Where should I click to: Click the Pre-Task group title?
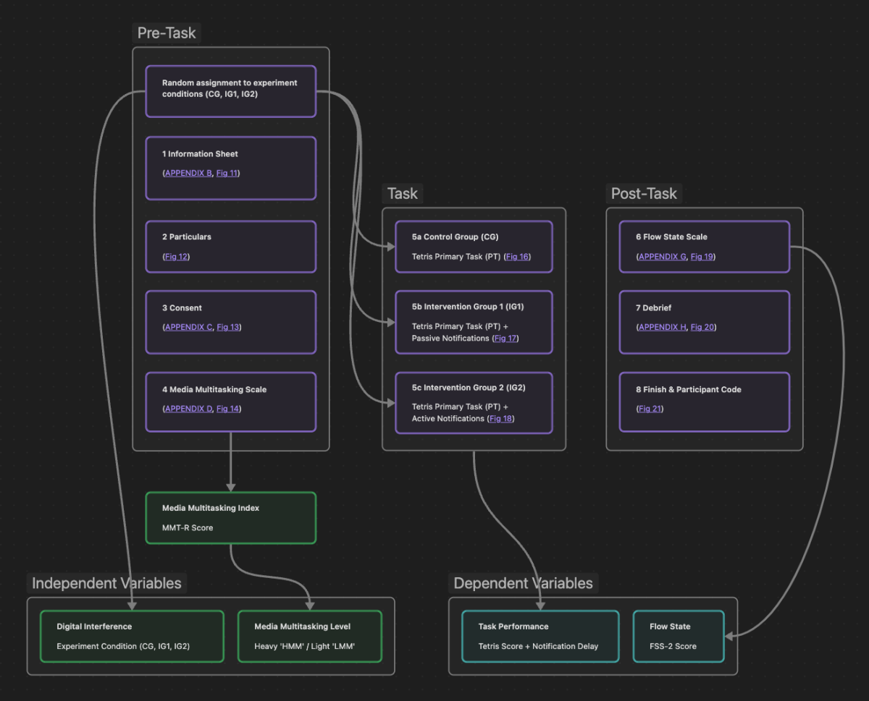(x=167, y=33)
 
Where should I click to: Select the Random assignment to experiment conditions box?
(x=230, y=91)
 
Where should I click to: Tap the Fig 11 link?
(x=227, y=174)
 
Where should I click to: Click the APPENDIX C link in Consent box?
(x=188, y=327)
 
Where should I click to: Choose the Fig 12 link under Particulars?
(x=177, y=257)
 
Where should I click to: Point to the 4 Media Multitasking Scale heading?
(x=214, y=390)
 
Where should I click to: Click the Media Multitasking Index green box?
(x=230, y=518)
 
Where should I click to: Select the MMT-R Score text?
(x=188, y=528)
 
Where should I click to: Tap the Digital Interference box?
(x=132, y=636)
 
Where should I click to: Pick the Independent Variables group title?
(x=106, y=583)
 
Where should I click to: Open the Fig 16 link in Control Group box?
(x=517, y=257)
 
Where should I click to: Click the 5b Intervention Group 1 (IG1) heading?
(x=468, y=307)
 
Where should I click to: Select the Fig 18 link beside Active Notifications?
(x=501, y=419)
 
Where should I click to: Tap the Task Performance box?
(x=540, y=636)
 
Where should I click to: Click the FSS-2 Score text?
(x=673, y=647)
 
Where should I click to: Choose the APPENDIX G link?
(x=662, y=257)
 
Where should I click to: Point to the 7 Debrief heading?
(x=653, y=308)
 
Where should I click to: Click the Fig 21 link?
(x=650, y=409)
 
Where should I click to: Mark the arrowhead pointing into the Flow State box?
(x=729, y=636)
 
